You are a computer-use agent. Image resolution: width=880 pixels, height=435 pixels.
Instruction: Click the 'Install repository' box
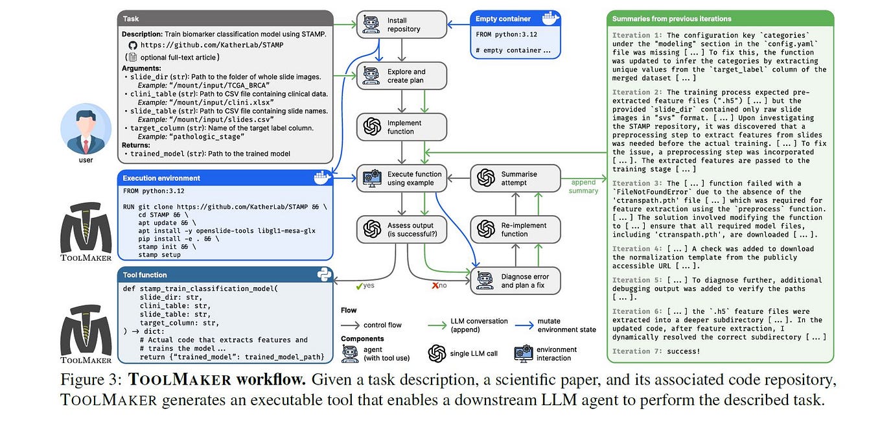(x=402, y=25)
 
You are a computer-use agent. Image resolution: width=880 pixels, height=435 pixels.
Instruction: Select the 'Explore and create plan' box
(x=402, y=76)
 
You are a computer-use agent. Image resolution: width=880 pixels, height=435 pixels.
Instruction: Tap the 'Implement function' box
(x=402, y=127)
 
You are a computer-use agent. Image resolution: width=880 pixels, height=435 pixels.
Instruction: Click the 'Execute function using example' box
(x=402, y=178)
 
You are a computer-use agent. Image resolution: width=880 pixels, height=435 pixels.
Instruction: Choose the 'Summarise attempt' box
(x=515, y=178)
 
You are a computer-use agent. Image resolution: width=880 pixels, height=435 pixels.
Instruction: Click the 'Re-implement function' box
(x=515, y=229)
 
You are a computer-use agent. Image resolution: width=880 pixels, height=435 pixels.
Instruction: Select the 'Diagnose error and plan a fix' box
(x=515, y=281)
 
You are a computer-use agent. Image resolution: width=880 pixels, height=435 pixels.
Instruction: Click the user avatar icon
(x=86, y=128)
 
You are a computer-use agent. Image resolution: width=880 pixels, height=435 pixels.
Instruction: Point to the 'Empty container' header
(x=503, y=19)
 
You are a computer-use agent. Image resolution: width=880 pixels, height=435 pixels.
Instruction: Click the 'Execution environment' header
(x=162, y=178)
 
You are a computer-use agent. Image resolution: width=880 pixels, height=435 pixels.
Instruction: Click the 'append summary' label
(x=583, y=187)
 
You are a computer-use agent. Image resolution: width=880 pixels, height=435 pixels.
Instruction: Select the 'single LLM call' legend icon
(x=437, y=353)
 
